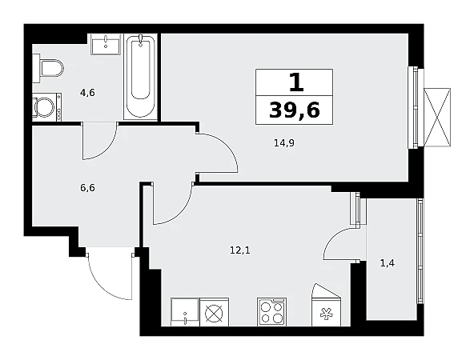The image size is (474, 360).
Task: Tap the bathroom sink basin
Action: [106, 44]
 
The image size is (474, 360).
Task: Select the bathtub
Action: [141, 77]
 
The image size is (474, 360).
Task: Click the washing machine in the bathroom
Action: [47, 107]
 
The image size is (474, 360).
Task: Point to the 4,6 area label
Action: [87, 93]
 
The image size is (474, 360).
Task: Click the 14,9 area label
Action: [284, 142]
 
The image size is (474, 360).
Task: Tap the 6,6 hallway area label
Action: [87, 188]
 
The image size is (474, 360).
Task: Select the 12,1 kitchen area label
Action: [240, 250]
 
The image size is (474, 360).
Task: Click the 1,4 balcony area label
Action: [387, 263]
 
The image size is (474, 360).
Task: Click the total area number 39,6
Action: [294, 110]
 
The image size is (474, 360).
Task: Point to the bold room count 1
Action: [296, 82]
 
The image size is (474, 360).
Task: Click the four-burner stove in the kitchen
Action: [271, 312]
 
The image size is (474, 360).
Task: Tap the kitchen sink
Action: [185, 312]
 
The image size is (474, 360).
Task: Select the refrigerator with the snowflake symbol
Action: [326, 305]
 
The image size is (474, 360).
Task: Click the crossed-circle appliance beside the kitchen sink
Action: [215, 312]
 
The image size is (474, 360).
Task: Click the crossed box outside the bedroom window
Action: [437, 118]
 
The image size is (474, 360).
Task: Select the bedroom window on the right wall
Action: [413, 107]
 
